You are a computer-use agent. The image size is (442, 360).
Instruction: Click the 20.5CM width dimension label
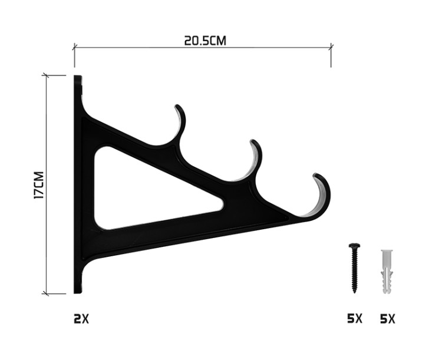205,41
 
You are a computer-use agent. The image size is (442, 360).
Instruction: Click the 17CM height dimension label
39,185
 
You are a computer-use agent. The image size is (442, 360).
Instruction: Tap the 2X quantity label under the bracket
81,319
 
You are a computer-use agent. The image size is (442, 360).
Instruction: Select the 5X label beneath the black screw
355,319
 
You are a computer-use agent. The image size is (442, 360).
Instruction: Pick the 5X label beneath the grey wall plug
388,319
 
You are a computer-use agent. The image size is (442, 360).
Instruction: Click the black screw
354,268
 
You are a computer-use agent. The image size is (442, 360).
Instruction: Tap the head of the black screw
354,245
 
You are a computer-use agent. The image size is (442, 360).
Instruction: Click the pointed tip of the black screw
354,293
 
